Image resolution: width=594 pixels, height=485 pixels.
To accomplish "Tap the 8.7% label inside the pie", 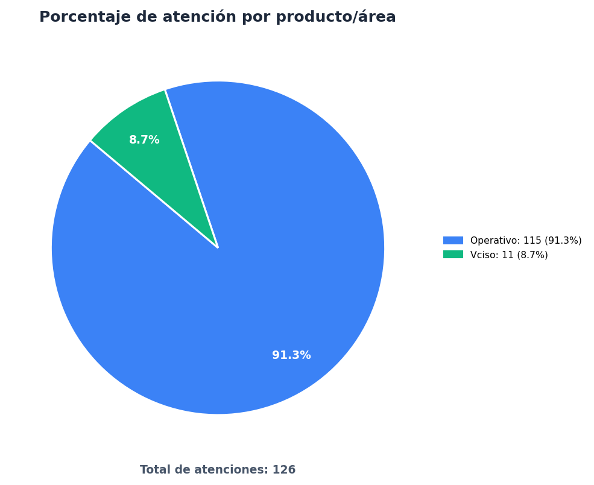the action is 144,140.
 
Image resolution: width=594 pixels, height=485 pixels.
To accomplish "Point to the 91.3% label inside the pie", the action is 291,355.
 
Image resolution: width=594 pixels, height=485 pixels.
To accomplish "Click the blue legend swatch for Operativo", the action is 453,240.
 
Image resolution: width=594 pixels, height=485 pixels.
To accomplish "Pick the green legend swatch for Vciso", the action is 453,255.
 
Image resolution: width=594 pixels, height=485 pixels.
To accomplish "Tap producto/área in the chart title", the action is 336,17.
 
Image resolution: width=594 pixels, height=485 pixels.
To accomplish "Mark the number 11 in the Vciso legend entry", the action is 507,255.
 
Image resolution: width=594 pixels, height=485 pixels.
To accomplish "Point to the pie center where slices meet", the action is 218,248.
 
